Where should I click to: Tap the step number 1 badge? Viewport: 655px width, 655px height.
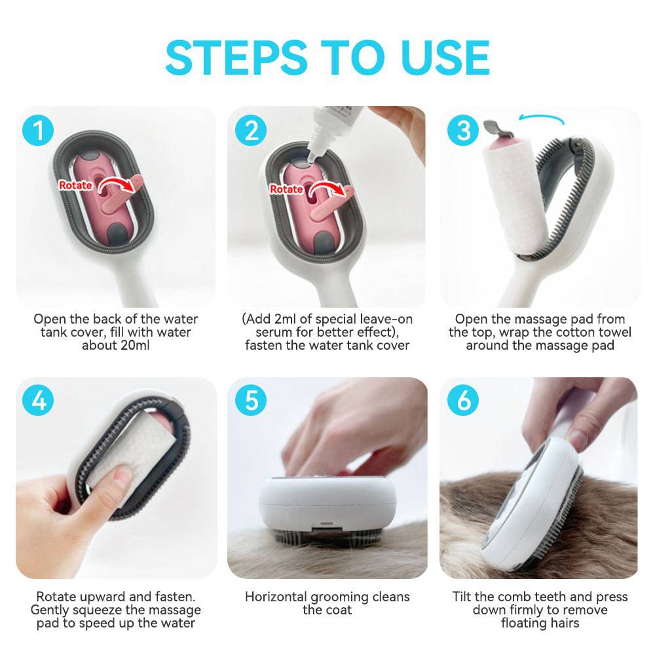[x=39, y=131]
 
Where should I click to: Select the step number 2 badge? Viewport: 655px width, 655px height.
[x=251, y=131]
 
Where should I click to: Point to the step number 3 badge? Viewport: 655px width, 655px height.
[x=463, y=131]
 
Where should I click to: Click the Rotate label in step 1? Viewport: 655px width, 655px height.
[x=75, y=185]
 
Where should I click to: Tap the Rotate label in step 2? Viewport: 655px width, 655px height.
[x=287, y=189]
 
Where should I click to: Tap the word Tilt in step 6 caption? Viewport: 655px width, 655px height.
[x=464, y=597]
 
